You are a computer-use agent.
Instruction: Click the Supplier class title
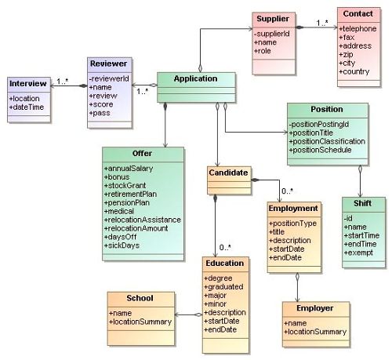(x=273, y=19)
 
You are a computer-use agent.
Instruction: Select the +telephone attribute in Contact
(x=358, y=28)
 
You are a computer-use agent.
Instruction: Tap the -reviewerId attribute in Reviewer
(x=109, y=78)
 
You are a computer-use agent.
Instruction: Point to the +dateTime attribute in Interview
(x=27, y=107)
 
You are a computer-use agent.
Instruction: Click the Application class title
(x=195, y=78)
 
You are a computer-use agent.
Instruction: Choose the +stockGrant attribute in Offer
(x=125, y=185)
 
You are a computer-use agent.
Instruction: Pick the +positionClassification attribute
(x=327, y=141)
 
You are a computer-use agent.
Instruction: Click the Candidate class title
(x=228, y=173)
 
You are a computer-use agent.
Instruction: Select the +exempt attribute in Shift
(x=358, y=253)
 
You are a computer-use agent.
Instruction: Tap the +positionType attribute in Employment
(x=292, y=224)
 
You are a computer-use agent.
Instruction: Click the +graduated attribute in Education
(x=223, y=287)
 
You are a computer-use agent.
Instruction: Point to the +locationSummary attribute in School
(x=140, y=322)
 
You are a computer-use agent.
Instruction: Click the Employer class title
(x=314, y=308)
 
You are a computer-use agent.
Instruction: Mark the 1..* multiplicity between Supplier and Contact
(x=322, y=23)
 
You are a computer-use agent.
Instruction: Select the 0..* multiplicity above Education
(x=225, y=247)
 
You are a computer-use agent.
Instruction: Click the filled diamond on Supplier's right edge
(x=299, y=27)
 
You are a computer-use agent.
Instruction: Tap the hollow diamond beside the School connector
(x=198, y=315)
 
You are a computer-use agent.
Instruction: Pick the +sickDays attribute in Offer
(x=122, y=245)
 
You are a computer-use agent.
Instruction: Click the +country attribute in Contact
(x=354, y=71)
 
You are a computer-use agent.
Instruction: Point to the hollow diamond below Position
(x=360, y=169)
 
